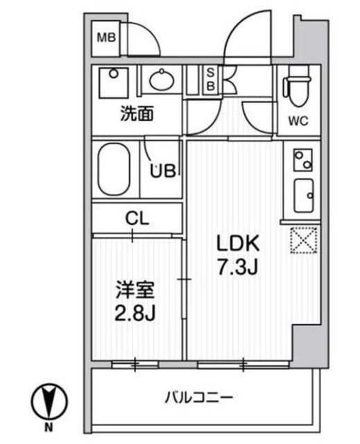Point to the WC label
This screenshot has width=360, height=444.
pyautogui.click(x=298, y=121)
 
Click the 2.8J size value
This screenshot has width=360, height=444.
pyautogui.click(x=135, y=312)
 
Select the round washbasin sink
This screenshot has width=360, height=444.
pyautogui.click(x=162, y=81)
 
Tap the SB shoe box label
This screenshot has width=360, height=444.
pyautogui.click(x=210, y=79)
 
